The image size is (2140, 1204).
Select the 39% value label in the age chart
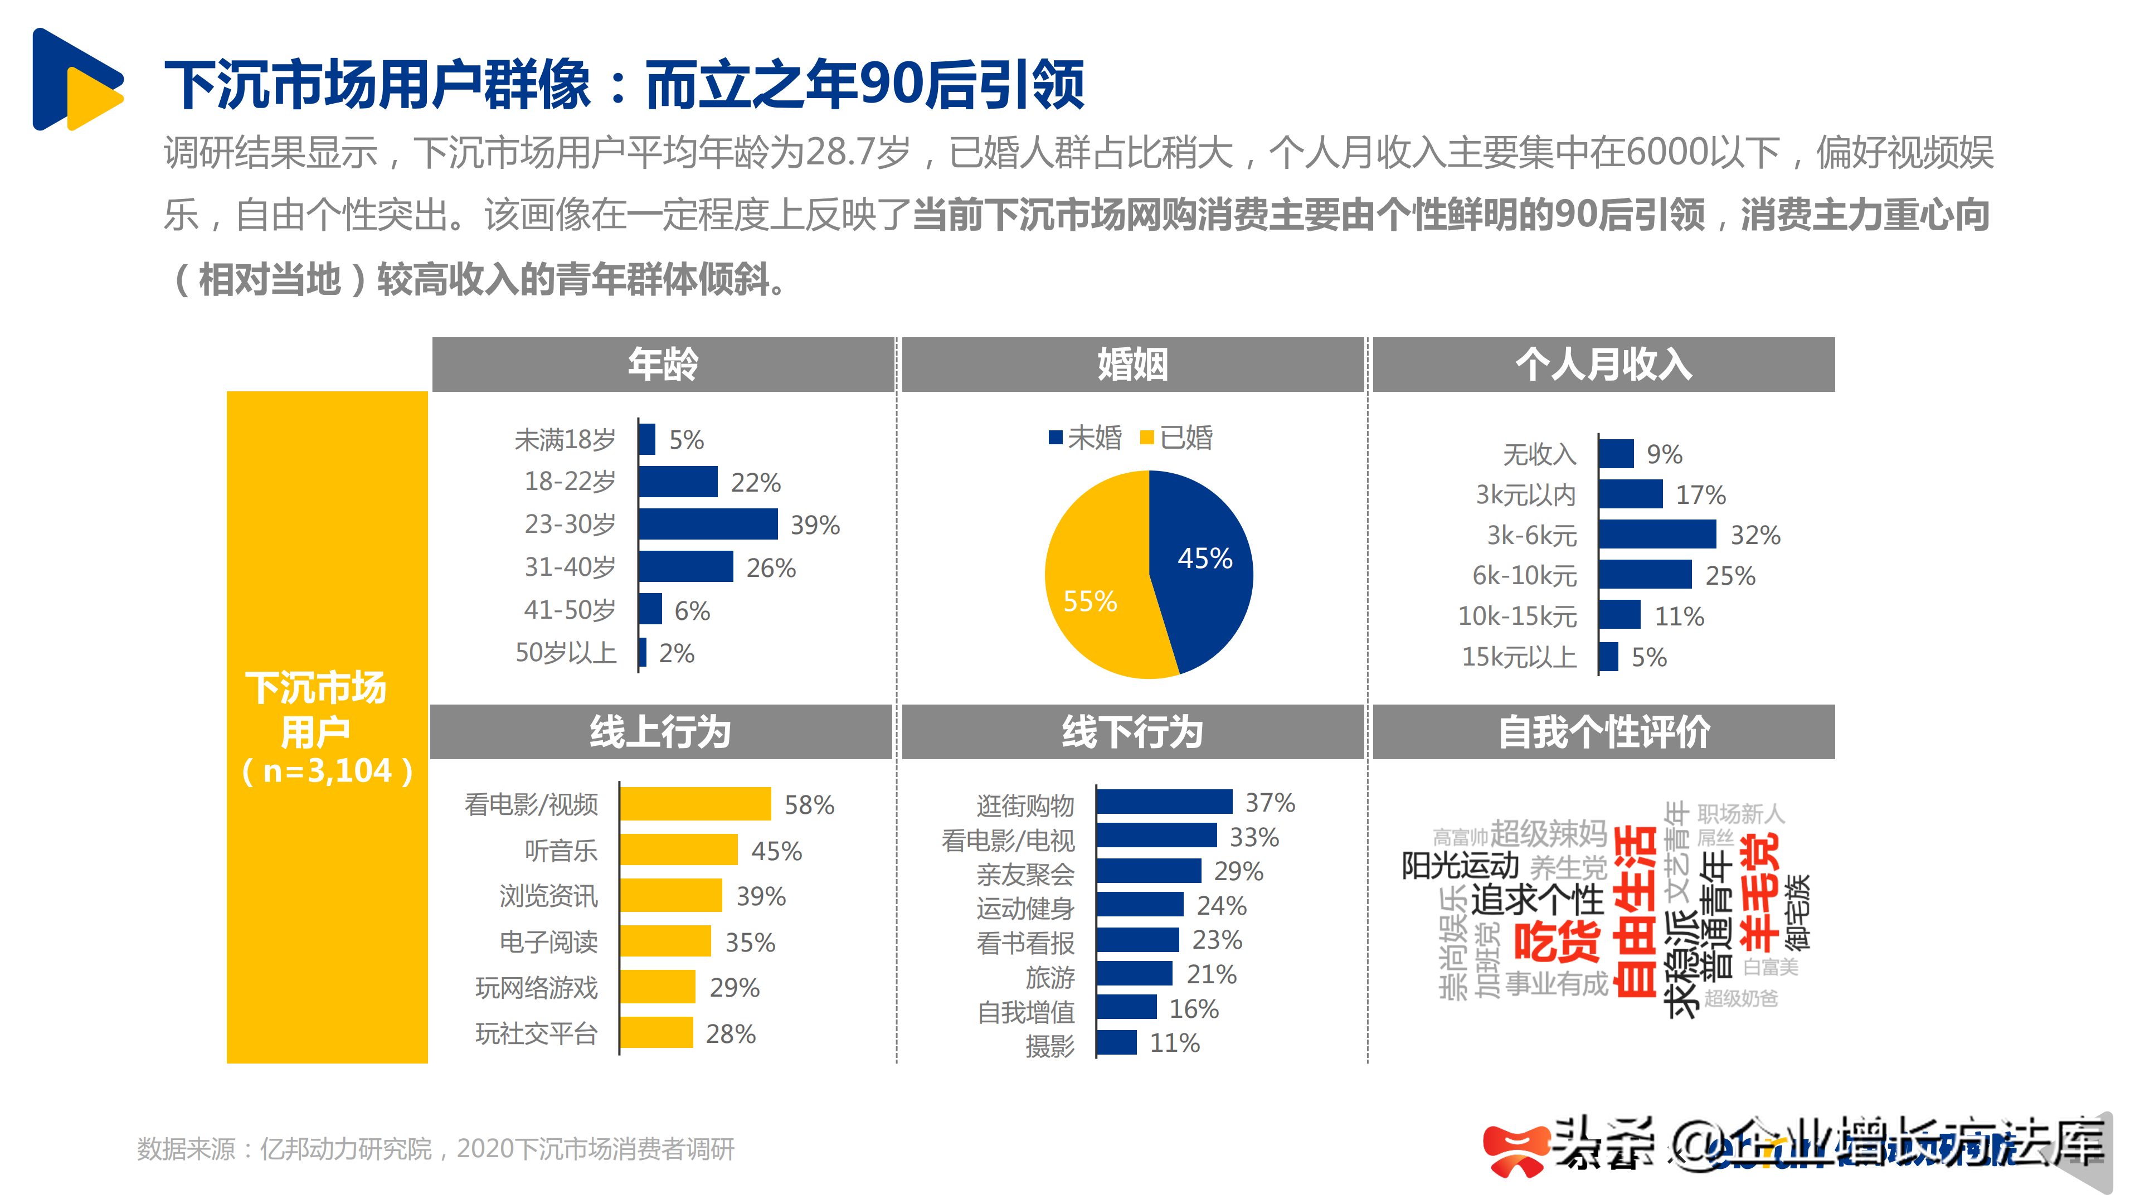pyautogui.click(x=814, y=525)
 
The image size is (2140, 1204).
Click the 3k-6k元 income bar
pyautogui.click(x=1656, y=535)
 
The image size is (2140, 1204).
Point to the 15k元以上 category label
pyautogui.click(x=1519, y=657)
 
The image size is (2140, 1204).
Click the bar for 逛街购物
pyautogui.click(x=1164, y=802)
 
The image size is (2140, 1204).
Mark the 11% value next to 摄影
pyautogui.click(x=1174, y=1043)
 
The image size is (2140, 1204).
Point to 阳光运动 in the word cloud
pyautogui.click(x=1460, y=865)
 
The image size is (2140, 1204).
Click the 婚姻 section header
pyautogui.click(x=1132, y=364)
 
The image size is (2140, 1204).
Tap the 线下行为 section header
pyautogui.click(x=1132, y=732)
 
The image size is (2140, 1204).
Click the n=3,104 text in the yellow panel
pyautogui.click(x=327, y=771)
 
